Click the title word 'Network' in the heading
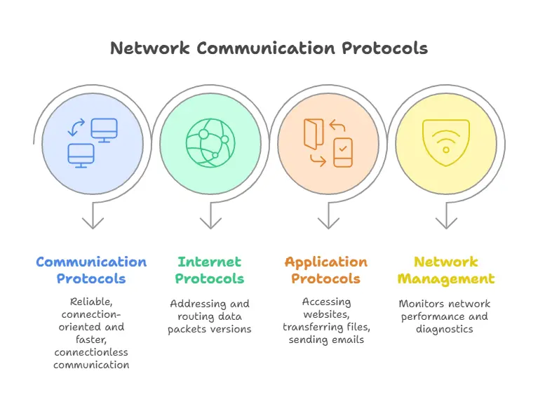click(150, 48)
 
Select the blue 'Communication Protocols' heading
click(91, 270)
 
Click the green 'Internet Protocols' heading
click(210, 270)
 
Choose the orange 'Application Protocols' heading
click(326, 270)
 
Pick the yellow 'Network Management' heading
click(445, 270)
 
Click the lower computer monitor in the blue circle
click(81, 155)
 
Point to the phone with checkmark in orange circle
click(342, 153)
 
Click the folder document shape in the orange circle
click(312, 133)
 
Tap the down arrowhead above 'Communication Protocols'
click(93, 223)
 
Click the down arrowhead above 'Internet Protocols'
click(210, 223)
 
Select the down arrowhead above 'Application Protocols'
click(328, 223)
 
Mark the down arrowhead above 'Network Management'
click(446, 223)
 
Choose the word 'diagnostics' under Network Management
click(445, 328)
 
